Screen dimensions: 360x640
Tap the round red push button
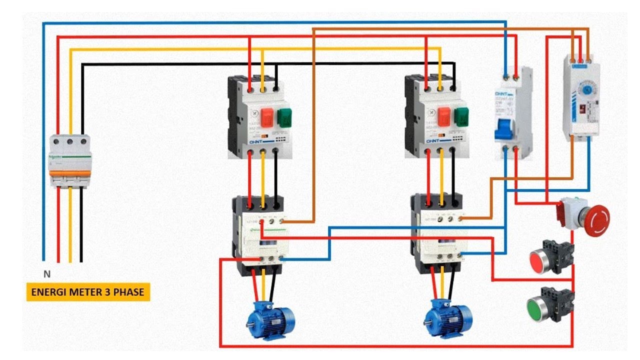(540, 261)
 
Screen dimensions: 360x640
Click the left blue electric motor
(270, 319)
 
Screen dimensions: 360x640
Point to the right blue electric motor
(448, 318)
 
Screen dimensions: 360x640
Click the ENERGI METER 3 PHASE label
(87, 292)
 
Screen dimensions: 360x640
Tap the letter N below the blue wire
(47, 274)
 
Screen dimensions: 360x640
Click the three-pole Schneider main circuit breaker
(69, 160)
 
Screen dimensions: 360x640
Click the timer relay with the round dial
(581, 97)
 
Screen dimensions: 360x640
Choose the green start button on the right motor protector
(462, 116)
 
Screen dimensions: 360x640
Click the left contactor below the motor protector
(258, 235)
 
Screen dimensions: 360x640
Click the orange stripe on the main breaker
(69, 173)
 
